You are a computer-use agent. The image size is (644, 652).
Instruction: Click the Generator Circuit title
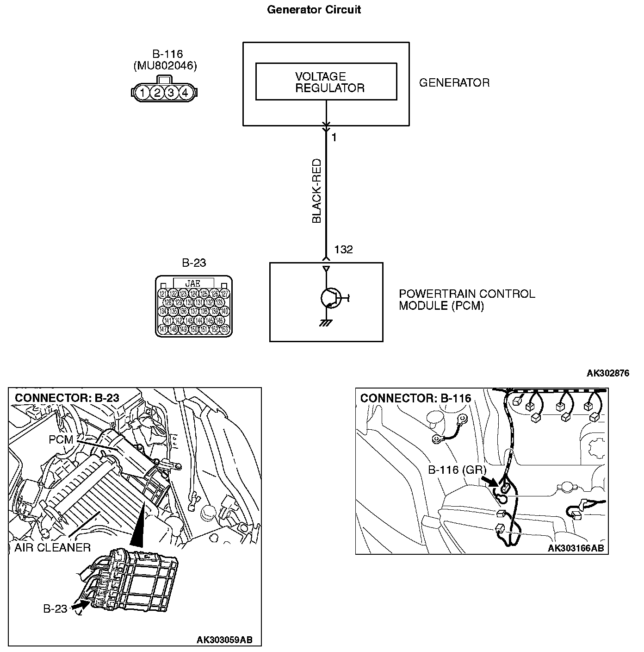314,10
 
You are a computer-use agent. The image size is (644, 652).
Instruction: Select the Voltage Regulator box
326,82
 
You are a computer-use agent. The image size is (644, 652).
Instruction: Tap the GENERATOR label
454,83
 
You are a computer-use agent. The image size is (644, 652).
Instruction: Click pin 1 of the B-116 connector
143,93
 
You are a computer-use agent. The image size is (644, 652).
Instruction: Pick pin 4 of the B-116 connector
185,93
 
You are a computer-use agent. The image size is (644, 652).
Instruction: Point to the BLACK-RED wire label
316,191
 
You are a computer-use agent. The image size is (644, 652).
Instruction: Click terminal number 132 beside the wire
343,250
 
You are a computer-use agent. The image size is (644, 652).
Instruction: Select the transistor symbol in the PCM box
330,298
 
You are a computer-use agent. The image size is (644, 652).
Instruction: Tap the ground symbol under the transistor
326,323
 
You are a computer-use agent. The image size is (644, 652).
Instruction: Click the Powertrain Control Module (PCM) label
466,300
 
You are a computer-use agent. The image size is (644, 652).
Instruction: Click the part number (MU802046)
165,66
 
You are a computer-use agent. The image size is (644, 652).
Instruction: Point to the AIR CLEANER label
52,548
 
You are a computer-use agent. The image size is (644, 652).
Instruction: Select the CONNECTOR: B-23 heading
67,398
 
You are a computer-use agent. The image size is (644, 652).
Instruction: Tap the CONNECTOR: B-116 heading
415,398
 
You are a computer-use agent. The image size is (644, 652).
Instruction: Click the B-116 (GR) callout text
457,470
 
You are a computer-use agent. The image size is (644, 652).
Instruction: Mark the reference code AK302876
608,373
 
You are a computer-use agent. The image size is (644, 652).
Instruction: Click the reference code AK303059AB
225,640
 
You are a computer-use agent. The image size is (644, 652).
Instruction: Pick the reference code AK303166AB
576,548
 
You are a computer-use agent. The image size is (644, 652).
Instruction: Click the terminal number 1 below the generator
334,138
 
